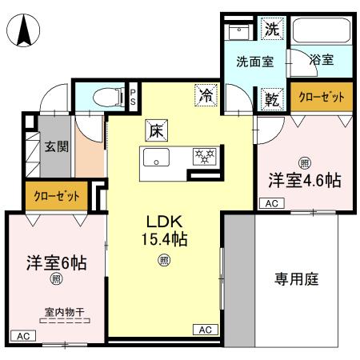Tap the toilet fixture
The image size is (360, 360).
(x=104, y=98)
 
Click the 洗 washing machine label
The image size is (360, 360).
(x=273, y=30)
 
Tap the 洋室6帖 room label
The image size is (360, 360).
(x=56, y=262)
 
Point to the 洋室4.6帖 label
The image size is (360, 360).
(x=304, y=181)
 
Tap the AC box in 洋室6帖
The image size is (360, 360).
(x=22, y=335)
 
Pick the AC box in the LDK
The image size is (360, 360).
(x=205, y=330)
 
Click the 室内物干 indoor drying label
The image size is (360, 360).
(x=66, y=313)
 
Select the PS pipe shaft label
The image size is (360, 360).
(x=134, y=96)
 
